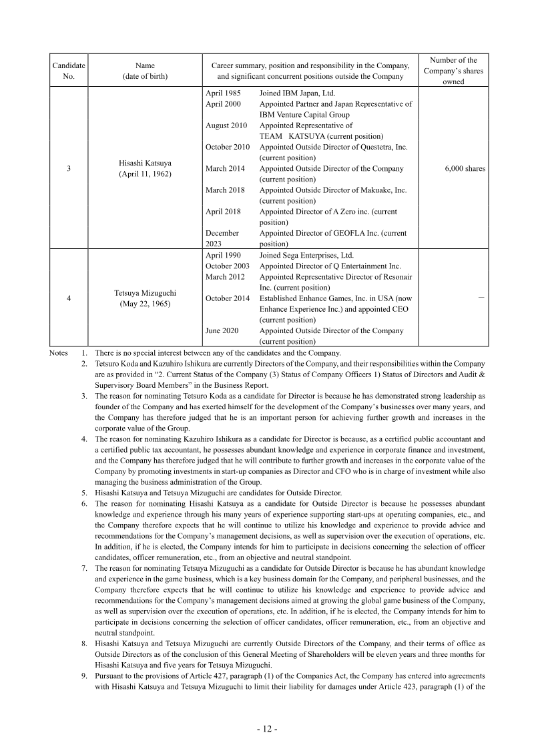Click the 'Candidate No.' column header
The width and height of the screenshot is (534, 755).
pos(69,71)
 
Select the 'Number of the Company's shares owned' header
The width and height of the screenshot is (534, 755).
pos(453,71)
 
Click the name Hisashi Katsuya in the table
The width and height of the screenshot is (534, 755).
pos(145,163)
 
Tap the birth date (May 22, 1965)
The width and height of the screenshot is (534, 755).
pos(145,304)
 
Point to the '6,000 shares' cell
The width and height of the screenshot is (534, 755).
pos(465,169)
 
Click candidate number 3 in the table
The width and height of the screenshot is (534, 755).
pos(69,169)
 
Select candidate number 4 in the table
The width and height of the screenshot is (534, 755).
pos(69,298)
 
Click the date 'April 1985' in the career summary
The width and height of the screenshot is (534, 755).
pos(223,93)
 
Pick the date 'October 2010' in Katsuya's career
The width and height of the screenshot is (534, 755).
pos(228,147)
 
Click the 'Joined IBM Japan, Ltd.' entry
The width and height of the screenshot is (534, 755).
pos(297,93)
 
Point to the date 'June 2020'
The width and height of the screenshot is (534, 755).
pos(222,330)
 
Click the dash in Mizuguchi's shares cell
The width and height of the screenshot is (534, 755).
pos(481,298)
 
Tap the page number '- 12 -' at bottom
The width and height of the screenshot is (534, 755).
pos(267,729)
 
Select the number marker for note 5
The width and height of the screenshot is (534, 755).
pos(85,493)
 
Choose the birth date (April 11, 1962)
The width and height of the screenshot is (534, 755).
pos(145,174)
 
